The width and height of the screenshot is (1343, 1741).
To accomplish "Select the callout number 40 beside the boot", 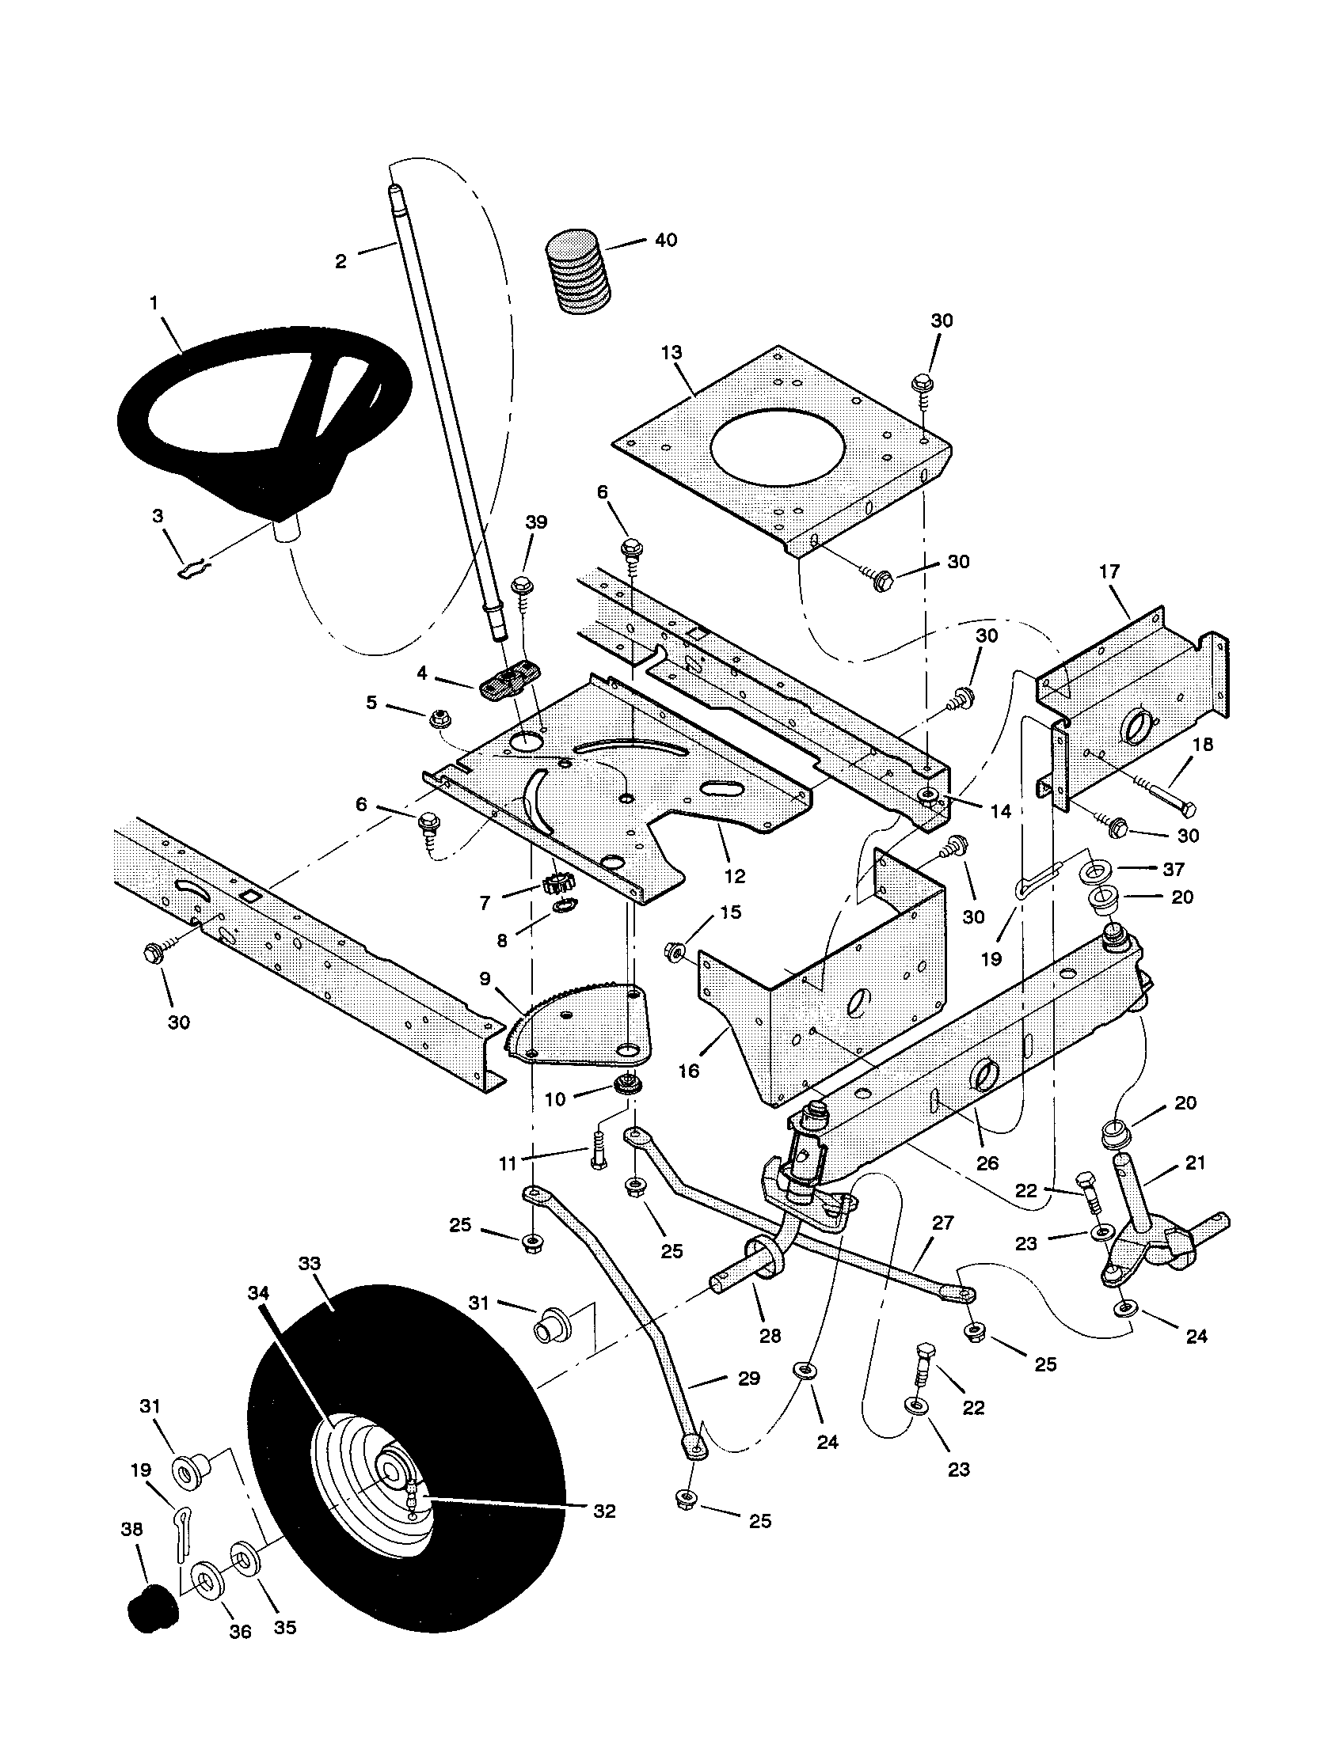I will [x=665, y=240].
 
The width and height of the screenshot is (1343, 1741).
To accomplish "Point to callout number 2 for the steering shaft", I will [x=341, y=261].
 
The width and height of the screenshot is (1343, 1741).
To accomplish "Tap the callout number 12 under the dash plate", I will [x=734, y=876].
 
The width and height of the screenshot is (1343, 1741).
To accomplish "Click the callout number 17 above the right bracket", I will [x=1109, y=571].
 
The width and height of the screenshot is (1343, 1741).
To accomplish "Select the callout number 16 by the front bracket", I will [x=688, y=1071].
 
